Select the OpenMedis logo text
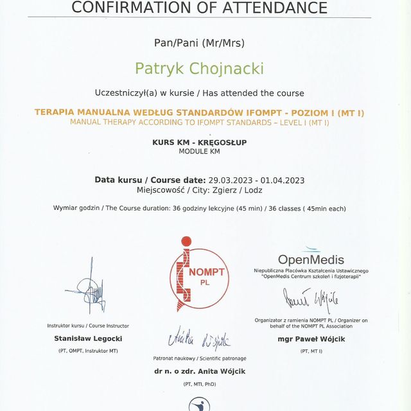click(311, 260)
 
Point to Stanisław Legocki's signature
click(89, 286)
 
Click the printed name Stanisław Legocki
click(88, 338)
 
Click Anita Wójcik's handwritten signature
click(199, 341)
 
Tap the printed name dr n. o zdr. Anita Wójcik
click(199, 371)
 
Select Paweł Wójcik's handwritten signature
click(311, 300)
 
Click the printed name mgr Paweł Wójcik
click(311, 338)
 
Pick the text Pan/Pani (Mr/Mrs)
click(199, 43)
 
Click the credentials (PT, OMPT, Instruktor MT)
click(88, 351)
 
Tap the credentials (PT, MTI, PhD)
click(199, 384)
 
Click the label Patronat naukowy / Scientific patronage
click(199, 358)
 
